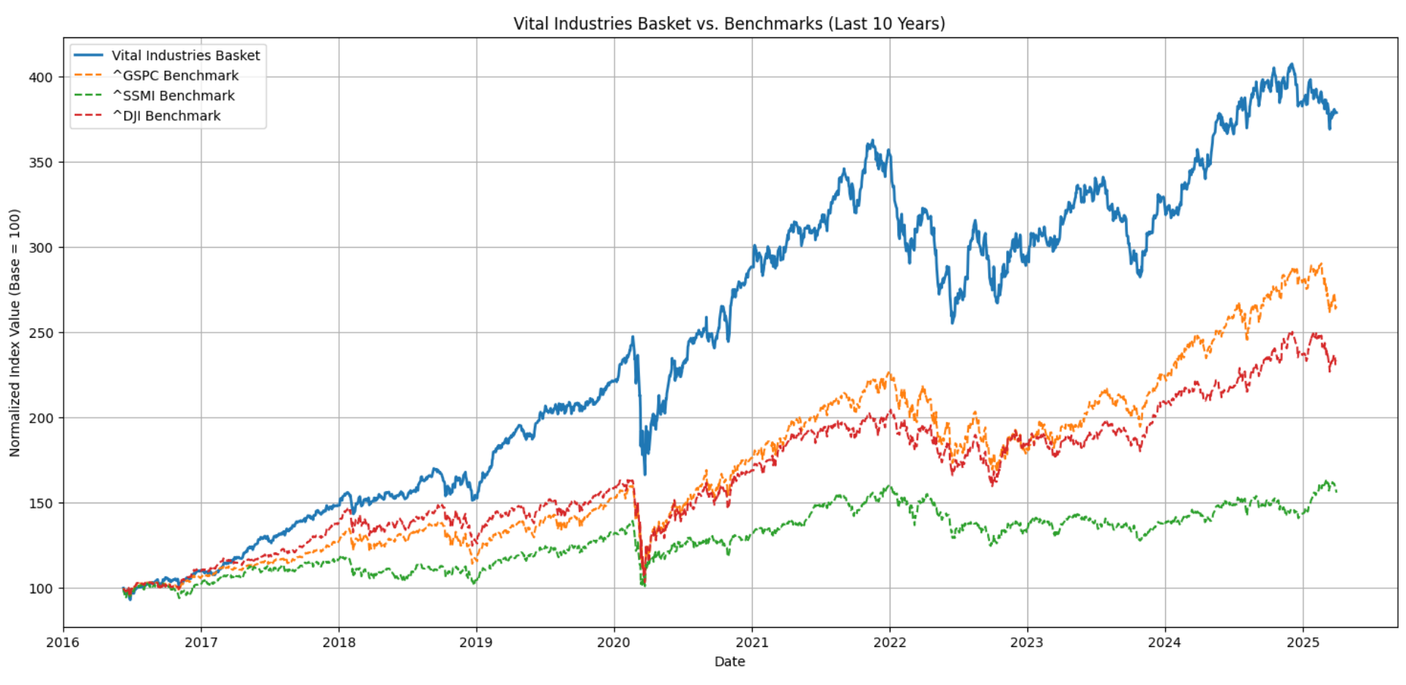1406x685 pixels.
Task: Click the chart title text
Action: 729,23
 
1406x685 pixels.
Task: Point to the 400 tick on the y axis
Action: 41,77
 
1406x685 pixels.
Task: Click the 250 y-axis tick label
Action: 41,333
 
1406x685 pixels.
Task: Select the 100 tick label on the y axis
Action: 41,588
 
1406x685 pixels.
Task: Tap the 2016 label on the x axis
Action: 63,643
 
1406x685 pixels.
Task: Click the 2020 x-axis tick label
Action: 614,643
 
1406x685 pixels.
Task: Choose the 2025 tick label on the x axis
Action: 1303,643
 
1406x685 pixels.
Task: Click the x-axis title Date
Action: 729,662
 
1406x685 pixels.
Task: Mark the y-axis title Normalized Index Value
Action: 15,333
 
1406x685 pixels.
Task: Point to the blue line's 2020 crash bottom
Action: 645,474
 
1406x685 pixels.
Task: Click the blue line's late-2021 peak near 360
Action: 871,141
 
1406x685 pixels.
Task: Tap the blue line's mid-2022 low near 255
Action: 953,322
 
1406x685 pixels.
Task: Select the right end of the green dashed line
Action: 1336,491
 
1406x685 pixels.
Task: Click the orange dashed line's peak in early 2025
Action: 1320,264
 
